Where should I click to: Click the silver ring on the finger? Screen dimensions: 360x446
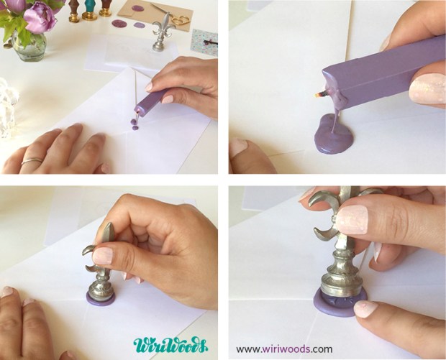click(31, 161)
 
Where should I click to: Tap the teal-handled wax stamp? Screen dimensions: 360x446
click(89, 10)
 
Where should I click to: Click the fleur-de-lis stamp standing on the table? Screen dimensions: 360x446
click(160, 36)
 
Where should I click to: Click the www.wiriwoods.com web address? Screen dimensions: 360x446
click(284, 349)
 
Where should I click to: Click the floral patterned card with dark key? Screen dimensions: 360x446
click(205, 42)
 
